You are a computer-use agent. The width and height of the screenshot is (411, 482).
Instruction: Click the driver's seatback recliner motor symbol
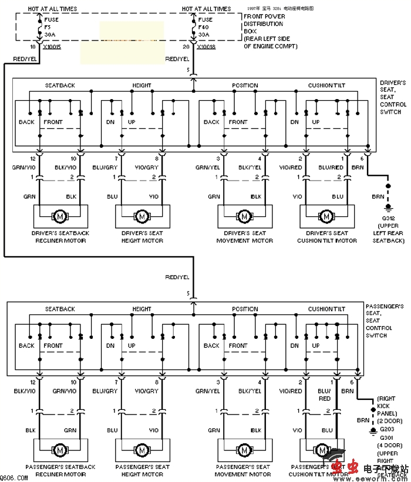click(59, 216)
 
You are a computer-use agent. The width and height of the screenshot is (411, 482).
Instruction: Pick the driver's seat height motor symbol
click(142, 216)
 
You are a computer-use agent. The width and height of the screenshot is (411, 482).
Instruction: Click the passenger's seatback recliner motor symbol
click(59, 449)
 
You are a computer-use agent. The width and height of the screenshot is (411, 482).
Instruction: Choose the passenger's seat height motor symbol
click(142, 449)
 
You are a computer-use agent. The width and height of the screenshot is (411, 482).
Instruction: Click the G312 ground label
click(388, 218)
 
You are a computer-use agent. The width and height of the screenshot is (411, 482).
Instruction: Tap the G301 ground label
click(387, 437)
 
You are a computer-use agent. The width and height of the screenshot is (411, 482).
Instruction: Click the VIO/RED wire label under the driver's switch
click(291, 167)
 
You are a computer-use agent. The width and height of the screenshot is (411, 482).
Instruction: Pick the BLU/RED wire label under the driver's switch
click(331, 167)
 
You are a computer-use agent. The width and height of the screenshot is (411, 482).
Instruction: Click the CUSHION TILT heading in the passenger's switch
click(326, 309)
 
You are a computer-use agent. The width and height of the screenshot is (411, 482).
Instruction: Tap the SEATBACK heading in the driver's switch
click(60, 86)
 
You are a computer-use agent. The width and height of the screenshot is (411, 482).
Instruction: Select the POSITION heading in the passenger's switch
click(245, 309)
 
